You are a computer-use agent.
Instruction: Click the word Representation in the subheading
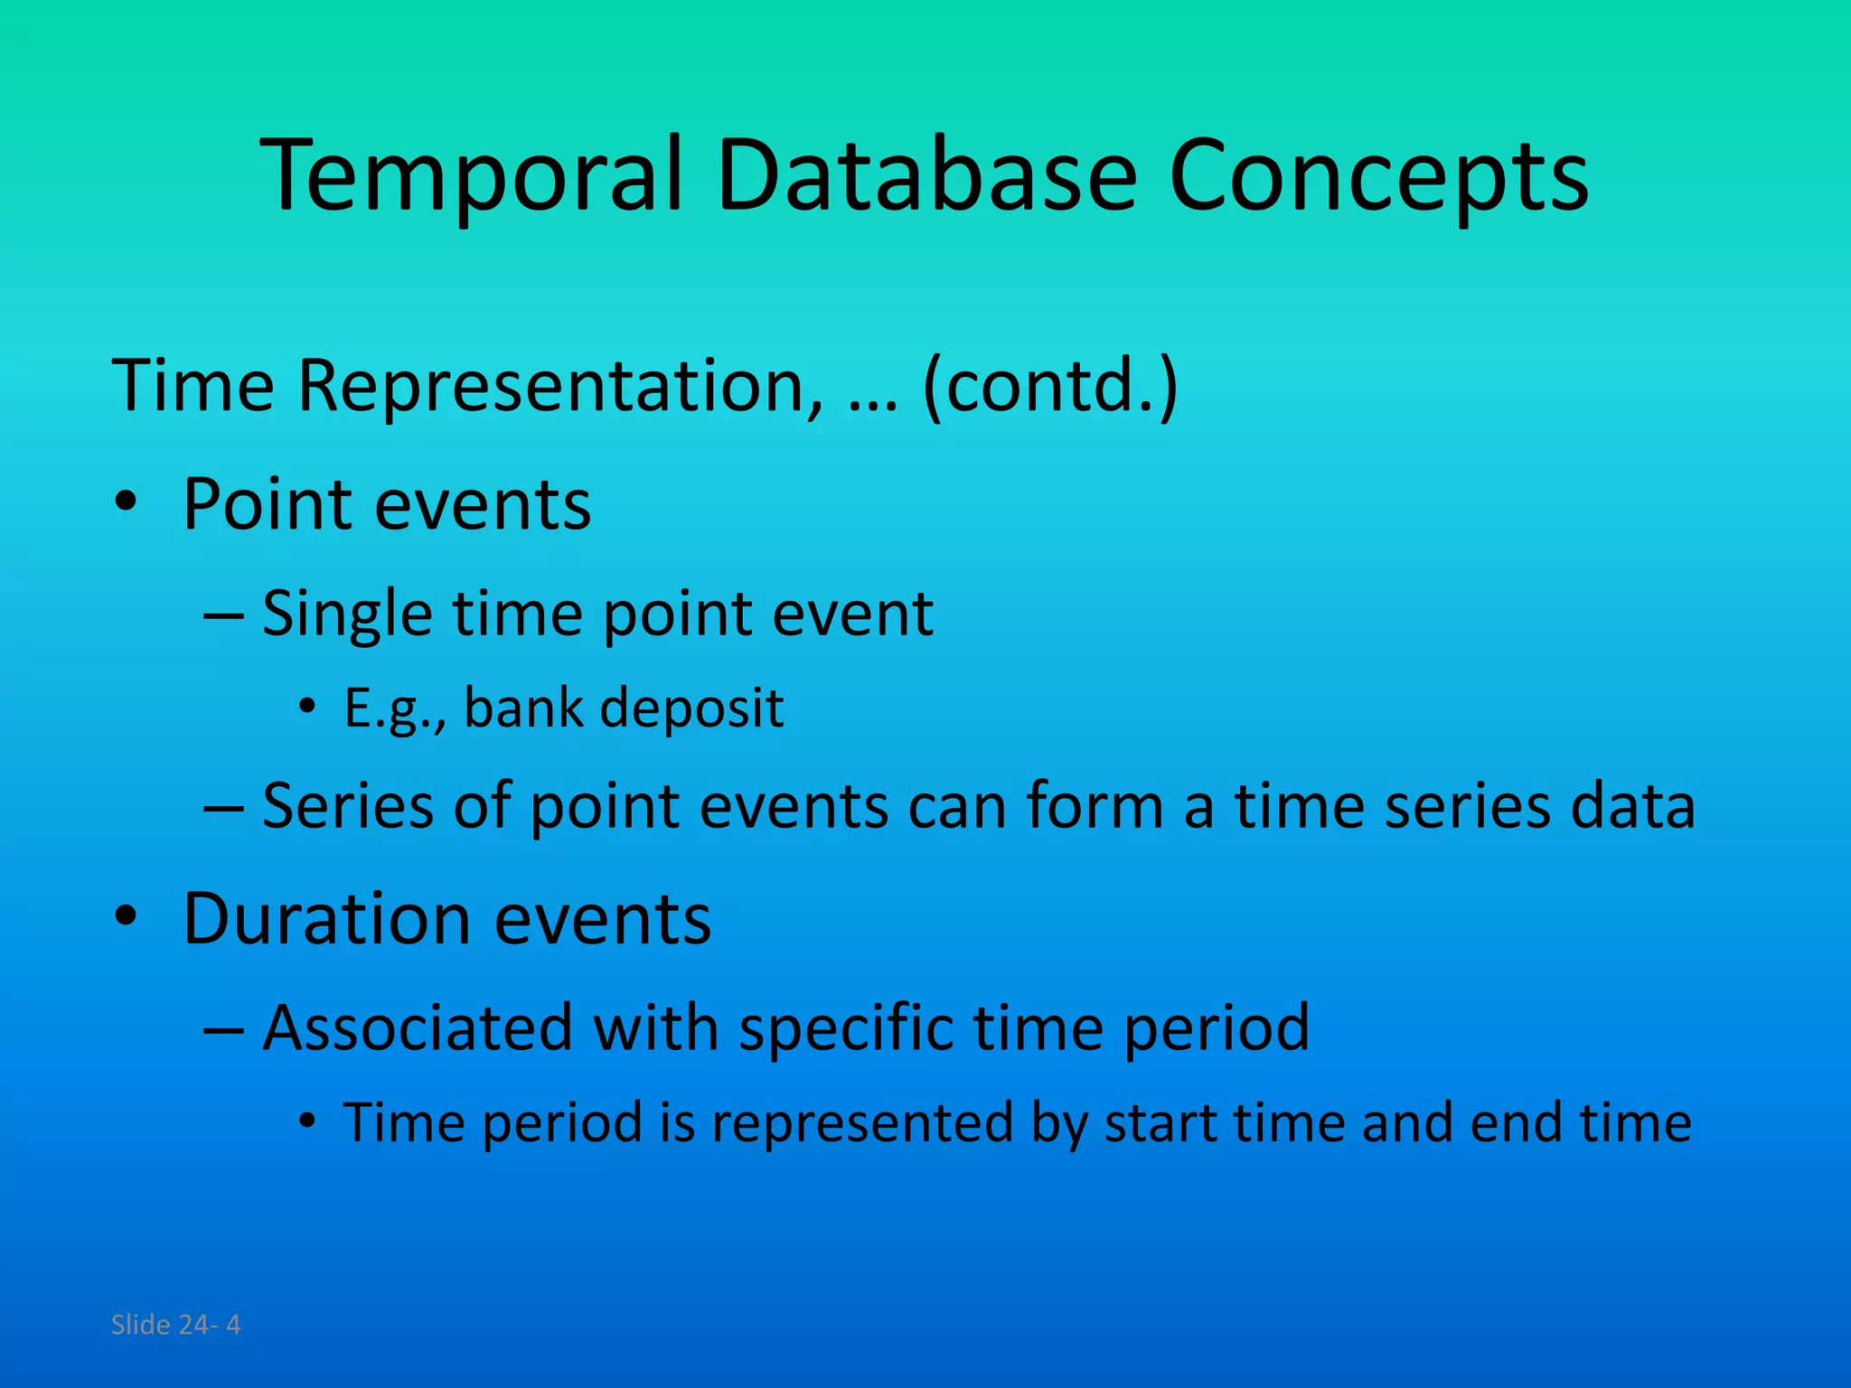(x=560, y=387)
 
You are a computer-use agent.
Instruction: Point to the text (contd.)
(x=1050, y=387)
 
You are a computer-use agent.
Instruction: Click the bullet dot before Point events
(x=126, y=502)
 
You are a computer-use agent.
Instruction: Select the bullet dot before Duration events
(x=126, y=917)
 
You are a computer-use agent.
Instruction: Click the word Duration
(x=326, y=919)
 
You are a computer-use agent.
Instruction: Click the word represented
(x=862, y=1123)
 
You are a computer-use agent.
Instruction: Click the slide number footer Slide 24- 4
(x=175, y=1325)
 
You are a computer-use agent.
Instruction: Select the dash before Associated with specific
(x=223, y=1029)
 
